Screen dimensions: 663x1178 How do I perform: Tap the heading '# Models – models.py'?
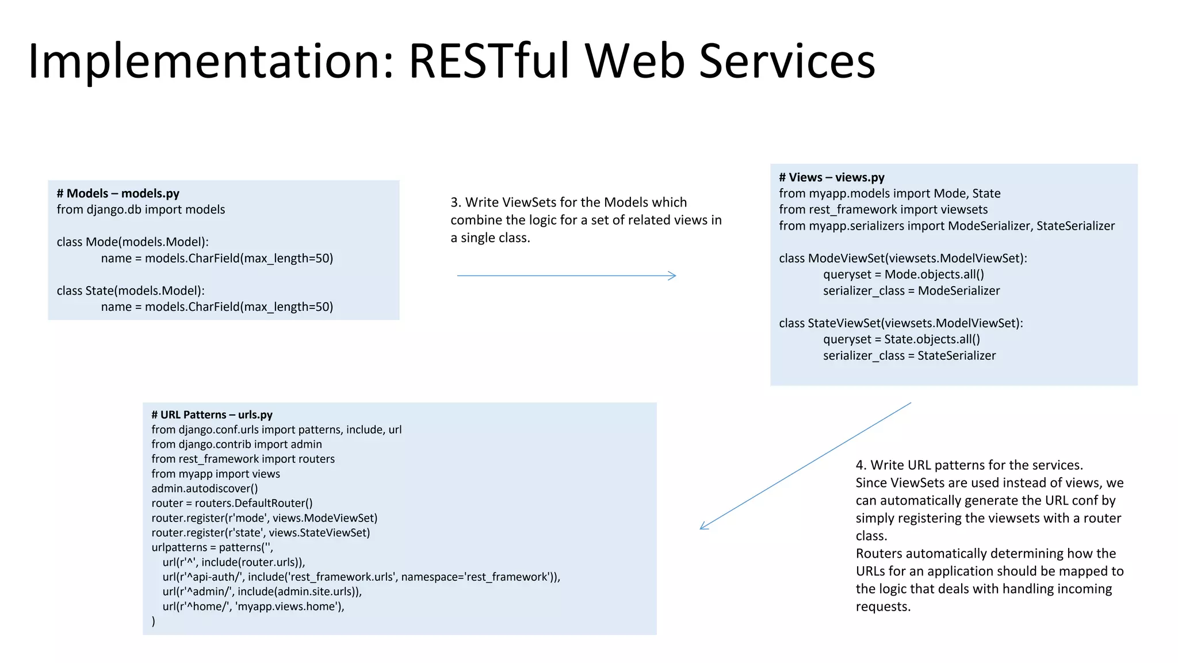click(x=118, y=193)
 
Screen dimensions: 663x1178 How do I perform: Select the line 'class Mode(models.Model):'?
click(x=132, y=242)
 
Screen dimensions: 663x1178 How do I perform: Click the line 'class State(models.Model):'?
click(x=131, y=291)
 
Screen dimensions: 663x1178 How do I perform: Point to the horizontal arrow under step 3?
click(x=567, y=276)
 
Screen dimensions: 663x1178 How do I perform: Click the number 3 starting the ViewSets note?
click(x=454, y=203)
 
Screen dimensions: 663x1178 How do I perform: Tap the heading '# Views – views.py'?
click(x=831, y=177)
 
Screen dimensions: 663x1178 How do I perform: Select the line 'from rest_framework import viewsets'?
click(x=883, y=209)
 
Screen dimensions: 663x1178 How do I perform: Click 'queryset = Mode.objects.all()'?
click(x=903, y=275)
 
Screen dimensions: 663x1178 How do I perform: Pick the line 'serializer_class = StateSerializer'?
click(x=909, y=356)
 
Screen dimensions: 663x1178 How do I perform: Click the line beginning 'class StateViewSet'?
click(x=901, y=323)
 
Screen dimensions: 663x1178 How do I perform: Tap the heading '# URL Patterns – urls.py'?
click(x=212, y=414)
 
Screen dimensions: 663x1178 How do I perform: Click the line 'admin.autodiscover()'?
click(x=204, y=489)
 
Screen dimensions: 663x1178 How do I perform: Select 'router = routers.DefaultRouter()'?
click(x=232, y=503)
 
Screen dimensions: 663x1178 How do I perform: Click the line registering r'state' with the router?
click(x=261, y=533)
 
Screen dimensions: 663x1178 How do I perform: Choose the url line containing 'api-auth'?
click(x=361, y=577)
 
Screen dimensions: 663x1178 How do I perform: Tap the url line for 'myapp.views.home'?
click(x=253, y=606)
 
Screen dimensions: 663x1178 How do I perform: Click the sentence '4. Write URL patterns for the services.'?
click(x=969, y=465)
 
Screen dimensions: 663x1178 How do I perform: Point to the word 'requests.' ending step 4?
click(x=883, y=607)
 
